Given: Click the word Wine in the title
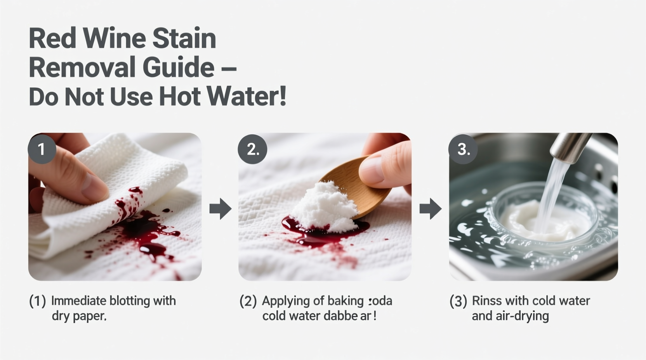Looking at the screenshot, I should pyautogui.click(x=115, y=38).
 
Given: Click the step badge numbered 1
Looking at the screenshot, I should pyautogui.click(x=42, y=149).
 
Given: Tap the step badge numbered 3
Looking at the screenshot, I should pyautogui.click(x=463, y=149).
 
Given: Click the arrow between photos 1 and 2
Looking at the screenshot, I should pyautogui.click(x=220, y=209).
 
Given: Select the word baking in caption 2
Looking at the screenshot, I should pyautogui.click(x=345, y=301).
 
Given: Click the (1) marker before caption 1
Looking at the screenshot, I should pyautogui.click(x=38, y=301).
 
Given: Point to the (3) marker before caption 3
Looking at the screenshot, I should pyautogui.click(x=458, y=301).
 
